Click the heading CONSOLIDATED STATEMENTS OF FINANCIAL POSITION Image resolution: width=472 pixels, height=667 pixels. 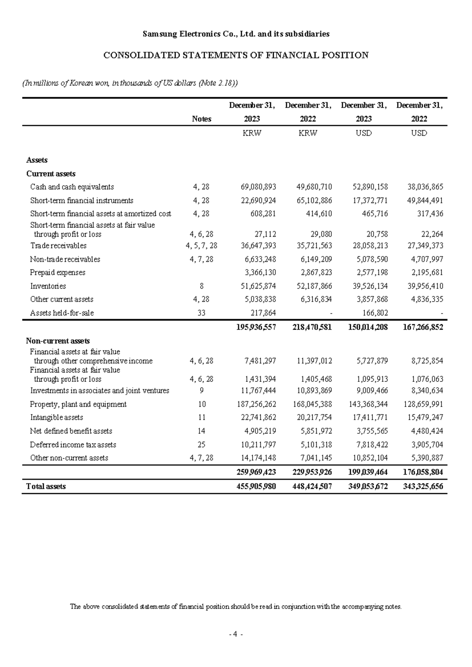[236, 55]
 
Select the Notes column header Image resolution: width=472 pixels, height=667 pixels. [201, 119]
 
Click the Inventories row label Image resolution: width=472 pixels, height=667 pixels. [48, 286]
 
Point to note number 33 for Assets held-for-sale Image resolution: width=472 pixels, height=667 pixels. [201, 313]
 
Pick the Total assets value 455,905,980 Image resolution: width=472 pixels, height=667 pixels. [256, 486]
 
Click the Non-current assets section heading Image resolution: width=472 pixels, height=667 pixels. [58, 341]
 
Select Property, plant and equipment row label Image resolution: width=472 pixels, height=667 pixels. [78, 404]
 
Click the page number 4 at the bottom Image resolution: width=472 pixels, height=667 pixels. [236, 634]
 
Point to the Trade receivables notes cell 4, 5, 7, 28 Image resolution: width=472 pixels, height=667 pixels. [201, 246]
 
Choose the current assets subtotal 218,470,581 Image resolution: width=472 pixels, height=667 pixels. [312, 327]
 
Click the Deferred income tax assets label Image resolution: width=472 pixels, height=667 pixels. [73, 445]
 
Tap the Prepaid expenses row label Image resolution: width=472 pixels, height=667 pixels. [57, 273]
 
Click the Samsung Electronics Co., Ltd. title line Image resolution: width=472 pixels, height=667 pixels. [236, 34]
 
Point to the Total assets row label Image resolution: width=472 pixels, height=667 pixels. [46, 486]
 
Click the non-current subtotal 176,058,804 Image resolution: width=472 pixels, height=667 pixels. [423, 472]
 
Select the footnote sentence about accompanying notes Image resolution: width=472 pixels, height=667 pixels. [236, 606]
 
